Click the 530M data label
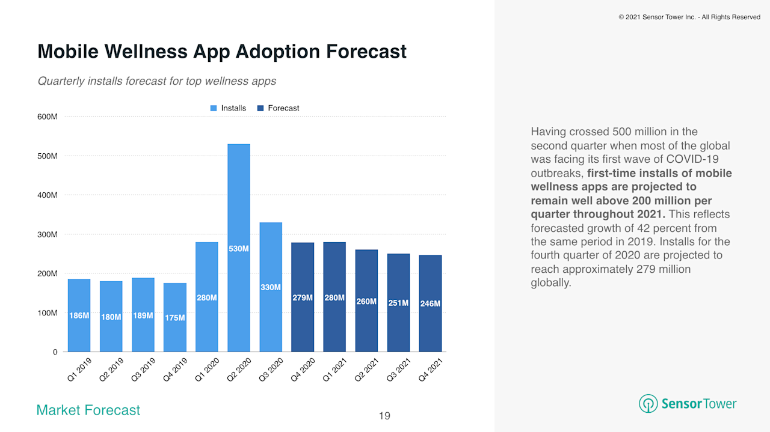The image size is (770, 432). click(x=239, y=248)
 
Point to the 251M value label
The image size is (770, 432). click(x=398, y=303)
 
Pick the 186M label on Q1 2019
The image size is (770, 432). click(x=79, y=315)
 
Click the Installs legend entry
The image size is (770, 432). click(x=228, y=108)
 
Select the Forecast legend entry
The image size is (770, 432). click(x=278, y=108)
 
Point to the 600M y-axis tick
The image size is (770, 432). click(x=48, y=117)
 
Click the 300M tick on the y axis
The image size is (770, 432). click(x=48, y=234)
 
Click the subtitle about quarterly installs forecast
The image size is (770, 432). click(x=156, y=81)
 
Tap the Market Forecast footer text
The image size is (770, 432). click(x=88, y=410)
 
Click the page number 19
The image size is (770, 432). click(x=384, y=416)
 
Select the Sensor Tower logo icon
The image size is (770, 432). click(x=648, y=404)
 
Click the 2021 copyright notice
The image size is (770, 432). click(x=689, y=17)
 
